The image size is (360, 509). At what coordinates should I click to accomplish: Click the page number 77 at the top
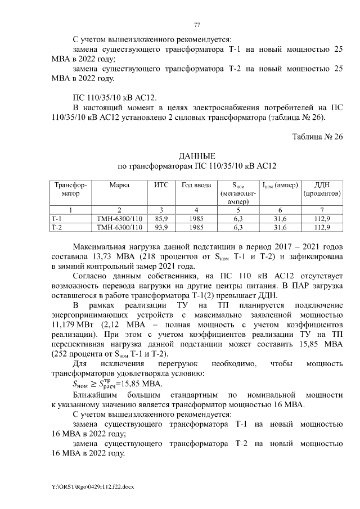(x=196, y=25)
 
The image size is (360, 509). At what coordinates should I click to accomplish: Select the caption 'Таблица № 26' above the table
(x=317, y=137)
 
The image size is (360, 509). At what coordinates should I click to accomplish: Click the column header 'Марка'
(x=119, y=185)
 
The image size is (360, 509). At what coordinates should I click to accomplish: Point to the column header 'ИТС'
(x=161, y=185)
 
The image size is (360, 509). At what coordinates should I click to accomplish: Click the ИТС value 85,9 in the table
(x=161, y=218)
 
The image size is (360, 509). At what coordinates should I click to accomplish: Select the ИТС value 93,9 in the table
(x=161, y=227)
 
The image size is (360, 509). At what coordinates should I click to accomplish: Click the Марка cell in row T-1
(x=119, y=218)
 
